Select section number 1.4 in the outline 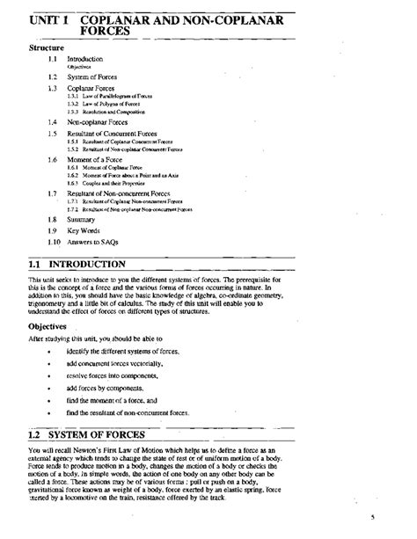click(53, 122)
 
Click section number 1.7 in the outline click(53, 192)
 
